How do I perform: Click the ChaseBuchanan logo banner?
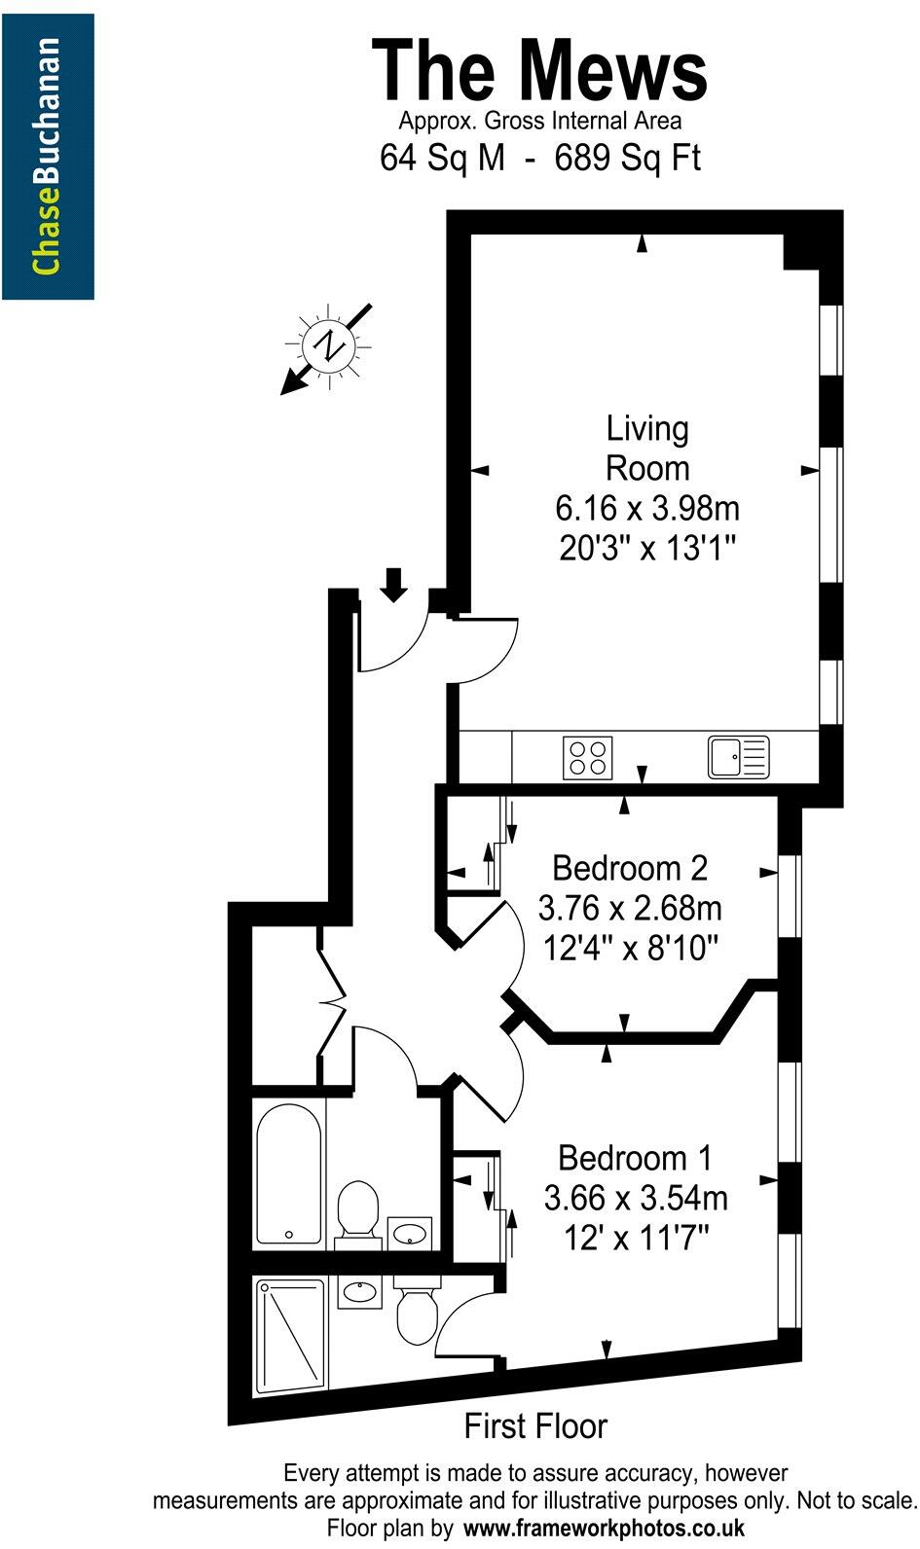click(48, 157)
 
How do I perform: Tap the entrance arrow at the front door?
click(393, 585)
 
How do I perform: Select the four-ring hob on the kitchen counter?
click(588, 757)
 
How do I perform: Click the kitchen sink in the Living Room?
click(738, 757)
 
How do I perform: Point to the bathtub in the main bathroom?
click(288, 1173)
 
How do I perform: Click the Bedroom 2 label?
click(629, 867)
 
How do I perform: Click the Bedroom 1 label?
click(635, 1158)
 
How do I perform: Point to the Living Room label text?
click(646, 448)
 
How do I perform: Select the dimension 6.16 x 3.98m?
click(646, 508)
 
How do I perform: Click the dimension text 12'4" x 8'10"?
click(629, 947)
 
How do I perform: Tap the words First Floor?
click(535, 1426)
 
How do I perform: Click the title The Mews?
click(540, 70)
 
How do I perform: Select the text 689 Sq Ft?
click(627, 158)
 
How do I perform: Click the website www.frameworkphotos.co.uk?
click(604, 1528)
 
